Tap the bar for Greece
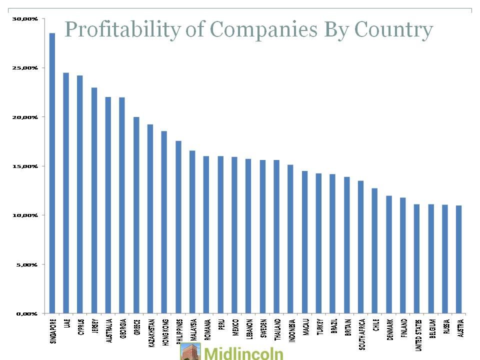136,215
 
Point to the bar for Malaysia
192,232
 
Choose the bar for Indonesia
290,239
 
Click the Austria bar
459,259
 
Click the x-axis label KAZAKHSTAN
150,332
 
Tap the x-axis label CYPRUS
80,326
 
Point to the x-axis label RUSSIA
445,325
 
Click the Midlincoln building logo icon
190,351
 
